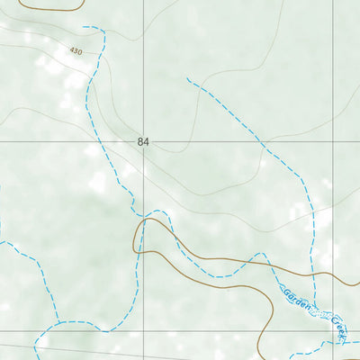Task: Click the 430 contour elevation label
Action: (74, 52)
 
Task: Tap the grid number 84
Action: (144, 142)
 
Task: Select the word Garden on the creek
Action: (298, 300)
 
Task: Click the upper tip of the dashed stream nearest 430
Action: (84, 27)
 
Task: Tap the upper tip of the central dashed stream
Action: (187, 79)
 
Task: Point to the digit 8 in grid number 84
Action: (141, 142)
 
